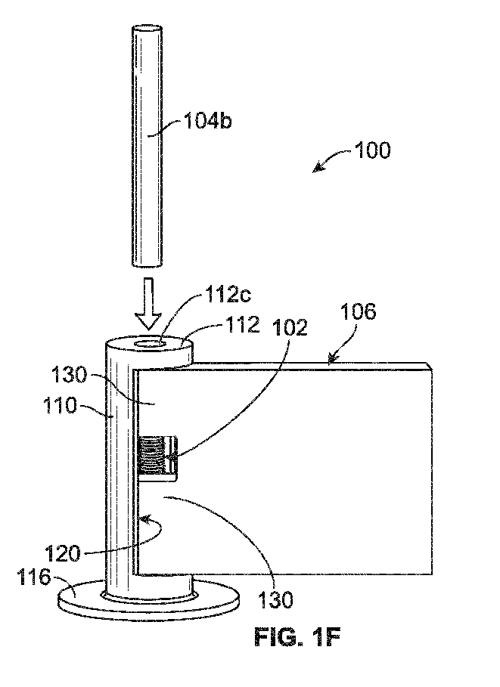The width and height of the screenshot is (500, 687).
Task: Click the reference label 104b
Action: [207, 121]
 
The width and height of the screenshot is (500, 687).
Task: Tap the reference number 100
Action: [372, 150]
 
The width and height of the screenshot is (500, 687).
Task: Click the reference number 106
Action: [358, 312]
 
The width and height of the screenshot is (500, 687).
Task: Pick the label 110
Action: [60, 406]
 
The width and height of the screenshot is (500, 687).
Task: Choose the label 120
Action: [63, 555]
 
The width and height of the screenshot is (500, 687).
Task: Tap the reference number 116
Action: [34, 577]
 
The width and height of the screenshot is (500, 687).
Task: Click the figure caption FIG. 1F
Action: [297, 637]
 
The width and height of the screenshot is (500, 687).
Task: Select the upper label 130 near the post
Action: [70, 376]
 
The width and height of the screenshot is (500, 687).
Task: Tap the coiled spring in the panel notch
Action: [150, 456]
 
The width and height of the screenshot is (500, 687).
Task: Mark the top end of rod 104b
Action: [148, 29]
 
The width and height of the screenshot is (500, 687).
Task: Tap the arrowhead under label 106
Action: [331, 361]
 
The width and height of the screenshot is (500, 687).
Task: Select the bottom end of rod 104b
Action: [148, 264]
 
